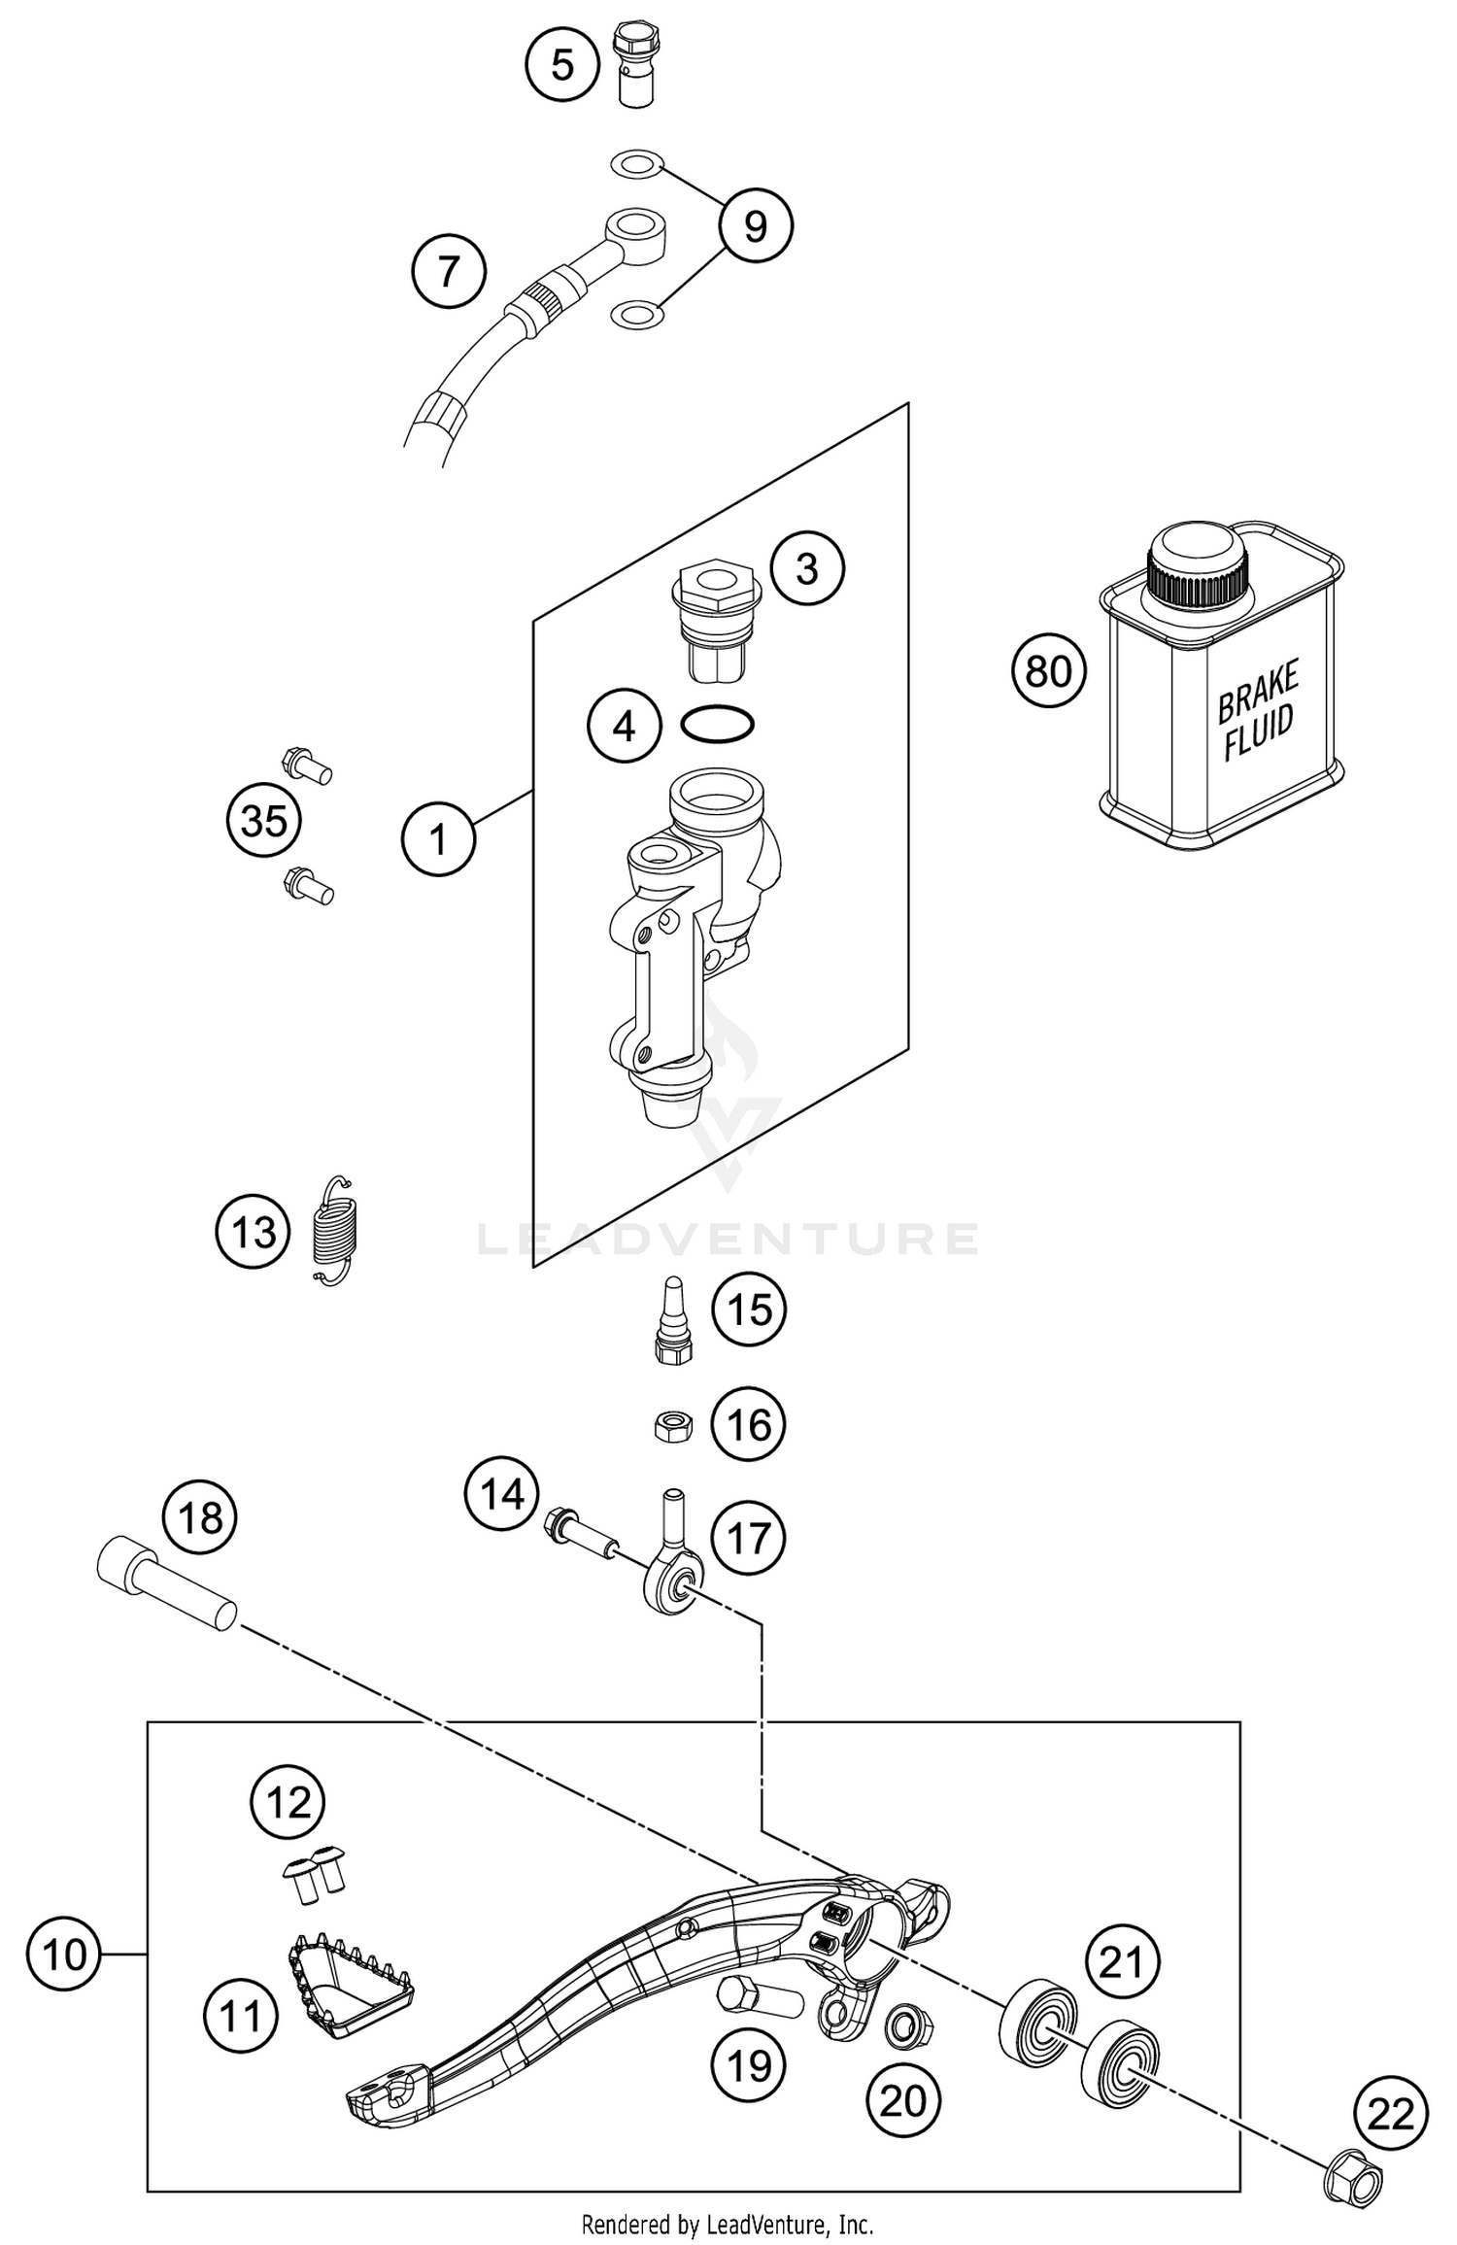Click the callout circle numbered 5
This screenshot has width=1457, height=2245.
tap(562, 64)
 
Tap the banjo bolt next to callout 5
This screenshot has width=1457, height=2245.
tap(636, 66)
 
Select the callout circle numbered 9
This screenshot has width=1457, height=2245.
tap(755, 226)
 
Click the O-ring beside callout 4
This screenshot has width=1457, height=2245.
tap(717, 724)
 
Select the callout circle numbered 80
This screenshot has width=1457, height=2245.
tap(1048, 671)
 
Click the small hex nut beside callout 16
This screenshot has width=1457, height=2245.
tap(671, 1426)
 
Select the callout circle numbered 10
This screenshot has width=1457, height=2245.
tap(64, 1954)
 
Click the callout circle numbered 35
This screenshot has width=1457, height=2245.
tap(263, 821)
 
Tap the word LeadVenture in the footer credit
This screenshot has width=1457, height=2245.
tap(783, 2224)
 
